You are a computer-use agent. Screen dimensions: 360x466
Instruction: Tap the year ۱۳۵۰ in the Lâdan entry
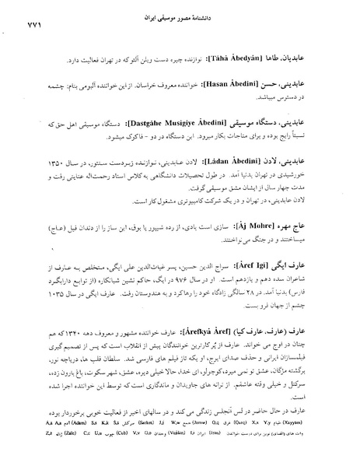pyautogui.click(x=54, y=165)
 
